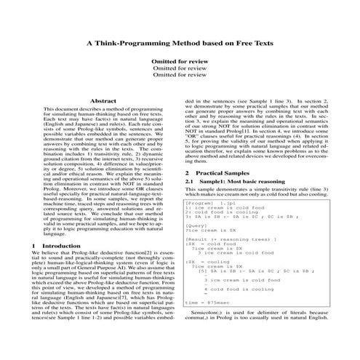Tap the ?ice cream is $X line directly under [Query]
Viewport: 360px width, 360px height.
point(210,231)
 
